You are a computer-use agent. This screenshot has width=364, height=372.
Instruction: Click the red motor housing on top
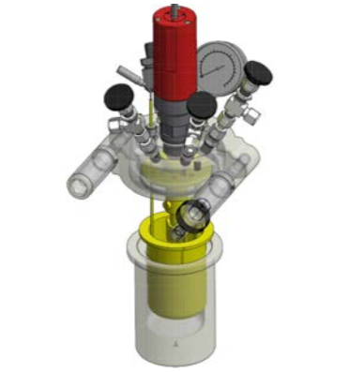[x=174, y=56]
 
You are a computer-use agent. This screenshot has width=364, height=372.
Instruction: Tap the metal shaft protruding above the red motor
[x=174, y=10]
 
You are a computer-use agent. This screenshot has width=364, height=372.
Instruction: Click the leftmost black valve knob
[x=118, y=94]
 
